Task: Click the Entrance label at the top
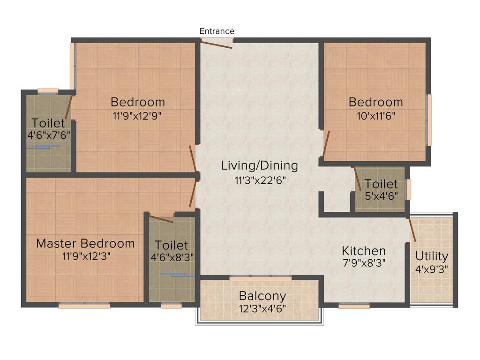217,31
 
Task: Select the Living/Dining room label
259,165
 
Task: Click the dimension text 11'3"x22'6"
259,180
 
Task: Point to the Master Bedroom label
85,243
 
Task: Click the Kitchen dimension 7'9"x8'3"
363,263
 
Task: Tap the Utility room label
432,256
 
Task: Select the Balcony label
262,296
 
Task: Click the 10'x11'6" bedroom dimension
375,115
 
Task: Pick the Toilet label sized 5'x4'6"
381,184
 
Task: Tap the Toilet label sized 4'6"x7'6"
48,123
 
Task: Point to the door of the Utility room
412,229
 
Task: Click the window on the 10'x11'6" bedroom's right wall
429,120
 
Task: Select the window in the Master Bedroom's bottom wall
84,305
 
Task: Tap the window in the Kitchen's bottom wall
354,306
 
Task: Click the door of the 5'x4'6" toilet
357,178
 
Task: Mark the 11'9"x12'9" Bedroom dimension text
137,115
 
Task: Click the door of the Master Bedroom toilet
161,219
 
